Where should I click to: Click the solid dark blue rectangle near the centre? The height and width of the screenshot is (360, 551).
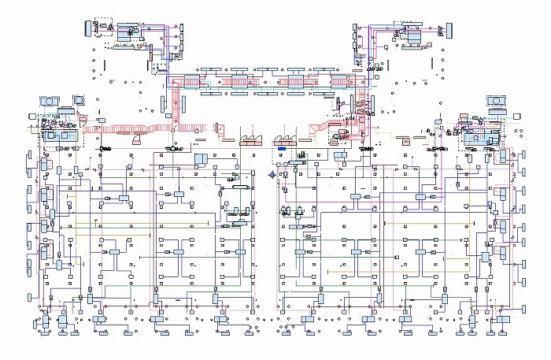tap(280, 147)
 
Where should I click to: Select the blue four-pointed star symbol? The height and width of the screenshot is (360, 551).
tap(272, 175)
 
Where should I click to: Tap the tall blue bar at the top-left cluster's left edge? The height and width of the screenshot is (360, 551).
tap(88, 29)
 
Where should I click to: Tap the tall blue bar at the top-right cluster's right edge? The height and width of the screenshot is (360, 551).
tap(452, 30)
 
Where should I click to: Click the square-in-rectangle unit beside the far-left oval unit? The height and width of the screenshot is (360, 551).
tap(80, 100)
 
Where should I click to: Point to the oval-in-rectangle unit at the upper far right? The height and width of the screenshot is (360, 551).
tap(498, 101)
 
